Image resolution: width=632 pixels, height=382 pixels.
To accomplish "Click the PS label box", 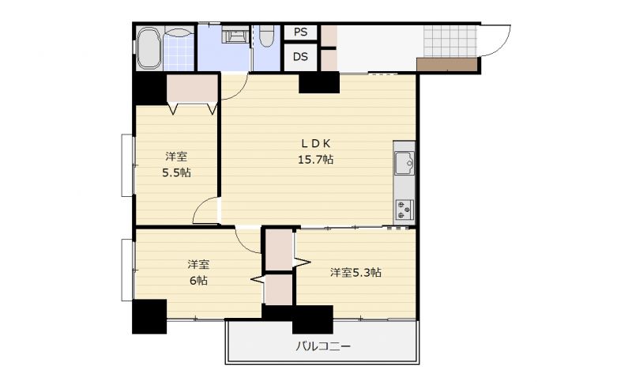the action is coord(300,32).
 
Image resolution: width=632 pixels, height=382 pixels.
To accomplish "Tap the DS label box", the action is coord(300,57).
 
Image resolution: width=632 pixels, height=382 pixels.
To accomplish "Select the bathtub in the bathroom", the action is coord(149,47).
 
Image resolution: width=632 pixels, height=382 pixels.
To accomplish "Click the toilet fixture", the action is coord(266,36).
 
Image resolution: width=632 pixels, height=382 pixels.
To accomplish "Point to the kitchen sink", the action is coord(404,163).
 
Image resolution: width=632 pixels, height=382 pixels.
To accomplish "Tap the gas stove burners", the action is coord(404,210).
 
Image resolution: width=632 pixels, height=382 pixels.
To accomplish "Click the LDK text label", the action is coord(316,143).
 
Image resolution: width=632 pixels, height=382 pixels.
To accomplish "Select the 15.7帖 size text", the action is coord(315,160).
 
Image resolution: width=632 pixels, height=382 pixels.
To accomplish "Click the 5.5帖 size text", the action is coord(176,172).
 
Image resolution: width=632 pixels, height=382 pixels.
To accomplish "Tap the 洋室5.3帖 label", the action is coord(355,273).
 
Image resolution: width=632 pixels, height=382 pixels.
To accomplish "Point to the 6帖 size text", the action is coord(198,280).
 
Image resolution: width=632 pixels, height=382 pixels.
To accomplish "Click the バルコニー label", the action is coord(323,346).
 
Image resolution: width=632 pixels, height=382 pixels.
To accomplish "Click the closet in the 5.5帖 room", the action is coord(192,89).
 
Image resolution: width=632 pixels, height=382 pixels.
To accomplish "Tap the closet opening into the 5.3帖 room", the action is coord(280,250).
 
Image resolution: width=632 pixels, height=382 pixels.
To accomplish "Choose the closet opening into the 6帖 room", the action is coord(279,289).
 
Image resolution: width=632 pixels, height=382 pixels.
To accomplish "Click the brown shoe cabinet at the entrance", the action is coord(447,65).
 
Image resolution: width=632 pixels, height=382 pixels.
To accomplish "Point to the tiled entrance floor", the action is coord(450,42).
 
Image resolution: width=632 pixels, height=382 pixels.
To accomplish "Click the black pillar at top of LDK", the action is coord(319,82).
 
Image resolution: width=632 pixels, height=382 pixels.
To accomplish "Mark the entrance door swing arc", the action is coord(500,45).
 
